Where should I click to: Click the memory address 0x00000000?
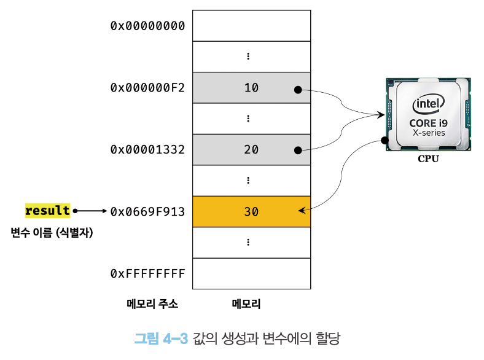point(147,26)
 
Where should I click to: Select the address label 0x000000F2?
point(147,88)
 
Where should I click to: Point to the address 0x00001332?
point(147,150)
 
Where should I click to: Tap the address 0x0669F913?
point(147,212)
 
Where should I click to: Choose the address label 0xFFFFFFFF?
point(147,273)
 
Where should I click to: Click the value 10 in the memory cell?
point(251,88)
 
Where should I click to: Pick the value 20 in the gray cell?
point(251,150)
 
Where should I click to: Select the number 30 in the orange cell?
point(251,212)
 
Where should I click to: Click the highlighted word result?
point(47,211)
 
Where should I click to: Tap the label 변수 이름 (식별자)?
point(52,232)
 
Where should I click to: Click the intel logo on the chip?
point(429,104)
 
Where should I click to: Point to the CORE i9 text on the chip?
point(429,123)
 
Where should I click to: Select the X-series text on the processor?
point(429,133)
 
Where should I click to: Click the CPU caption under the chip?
point(429,158)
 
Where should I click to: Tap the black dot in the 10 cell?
point(298,90)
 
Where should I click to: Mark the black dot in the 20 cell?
point(298,151)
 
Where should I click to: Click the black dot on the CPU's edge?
point(384,141)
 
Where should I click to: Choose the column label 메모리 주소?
point(152,304)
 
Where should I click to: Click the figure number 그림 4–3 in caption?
point(161,338)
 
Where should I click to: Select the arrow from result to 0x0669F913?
point(90,211)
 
